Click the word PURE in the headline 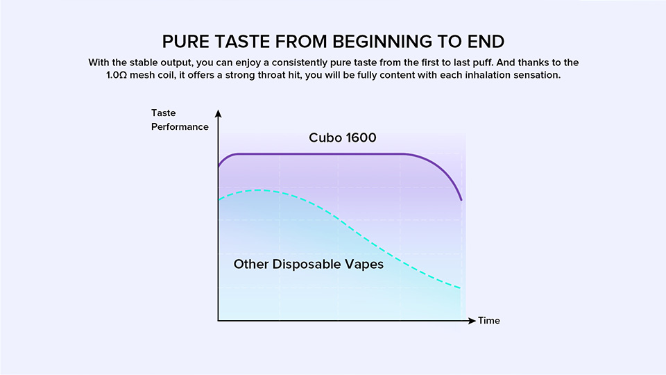point(186,42)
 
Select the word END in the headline point(486,42)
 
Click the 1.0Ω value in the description point(117,75)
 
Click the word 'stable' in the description point(144,62)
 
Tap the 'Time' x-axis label point(489,321)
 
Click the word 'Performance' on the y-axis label point(180,126)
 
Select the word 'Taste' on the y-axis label point(164,112)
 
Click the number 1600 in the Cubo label point(361,137)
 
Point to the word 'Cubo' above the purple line point(325,137)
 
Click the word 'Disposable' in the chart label point(306,265)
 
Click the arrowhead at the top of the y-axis point(219,113)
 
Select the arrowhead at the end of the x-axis point(472,321)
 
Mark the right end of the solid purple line point(461,199)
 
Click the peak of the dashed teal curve point(258,190)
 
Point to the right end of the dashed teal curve point(460,287)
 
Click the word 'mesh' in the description point(142,75)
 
